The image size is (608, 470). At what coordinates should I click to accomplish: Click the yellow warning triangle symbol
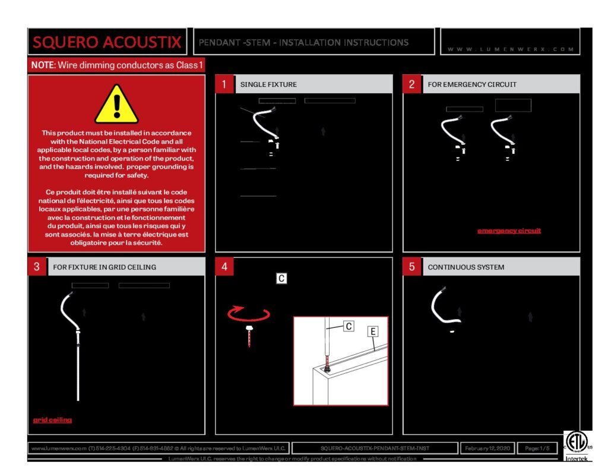click(116, 105)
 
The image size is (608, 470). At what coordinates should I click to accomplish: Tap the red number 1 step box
click(224, 84)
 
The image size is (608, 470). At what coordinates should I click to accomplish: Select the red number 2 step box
click(411, 84)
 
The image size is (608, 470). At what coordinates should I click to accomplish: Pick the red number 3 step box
click(36, 267)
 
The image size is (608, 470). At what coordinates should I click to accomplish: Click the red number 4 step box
click(224, 267)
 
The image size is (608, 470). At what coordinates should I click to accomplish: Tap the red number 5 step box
click(411, 267)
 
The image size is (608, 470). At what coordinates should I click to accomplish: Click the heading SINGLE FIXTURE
click(268, 84)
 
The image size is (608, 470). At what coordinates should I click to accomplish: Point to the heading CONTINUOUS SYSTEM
click(466, 267)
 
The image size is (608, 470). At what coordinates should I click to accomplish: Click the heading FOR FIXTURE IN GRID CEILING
click(104, 267)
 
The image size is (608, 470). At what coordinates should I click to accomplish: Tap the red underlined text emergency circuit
click(509, 231)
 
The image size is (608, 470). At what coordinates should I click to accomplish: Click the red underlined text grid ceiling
click(52, 419)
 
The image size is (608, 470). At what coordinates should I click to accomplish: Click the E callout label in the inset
click(373, 332)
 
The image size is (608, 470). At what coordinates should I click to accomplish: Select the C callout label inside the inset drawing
click(349, 326)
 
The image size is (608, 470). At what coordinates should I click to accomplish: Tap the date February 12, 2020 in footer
click(487, 448)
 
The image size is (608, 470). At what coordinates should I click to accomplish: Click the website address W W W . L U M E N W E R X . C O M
click(511, 49)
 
